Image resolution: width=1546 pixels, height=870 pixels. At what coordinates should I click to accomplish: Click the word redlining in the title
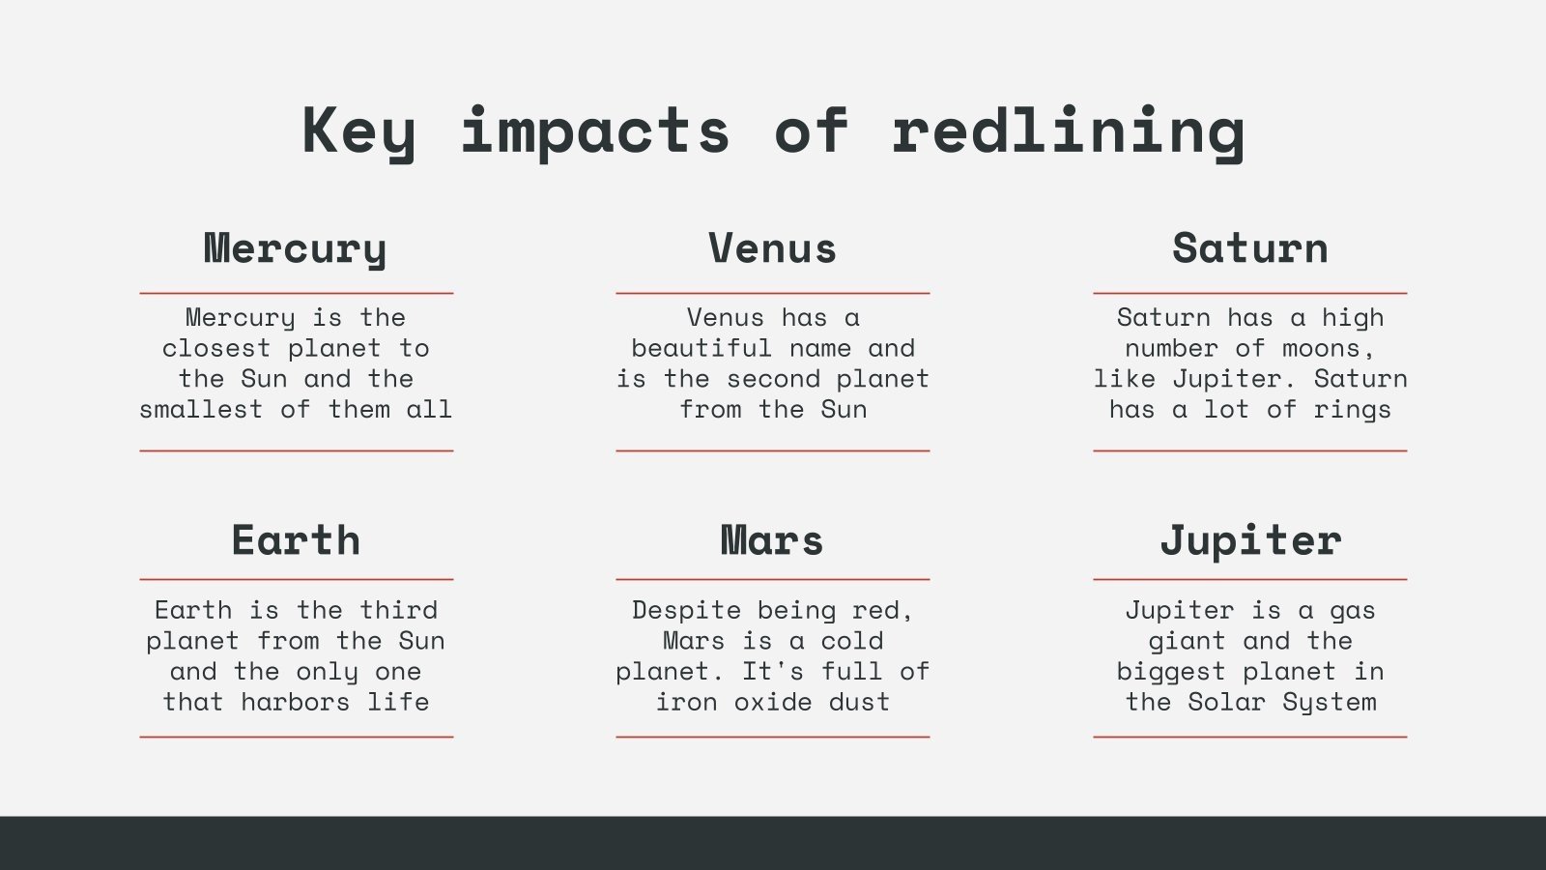[1068, 130]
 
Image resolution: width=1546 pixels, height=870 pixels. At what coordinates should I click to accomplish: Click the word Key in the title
[358, 130]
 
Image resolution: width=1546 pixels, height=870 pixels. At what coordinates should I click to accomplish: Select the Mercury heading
[296, 248]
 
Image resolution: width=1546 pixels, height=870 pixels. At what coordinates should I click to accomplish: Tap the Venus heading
[772, 248]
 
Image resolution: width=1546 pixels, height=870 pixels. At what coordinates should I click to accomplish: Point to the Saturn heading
[1249, 248]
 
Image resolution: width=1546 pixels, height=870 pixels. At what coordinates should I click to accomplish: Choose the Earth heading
[296, 539]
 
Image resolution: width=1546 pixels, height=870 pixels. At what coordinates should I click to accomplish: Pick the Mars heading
[772, 539]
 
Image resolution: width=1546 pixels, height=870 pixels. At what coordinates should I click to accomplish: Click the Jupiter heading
[1249, 539]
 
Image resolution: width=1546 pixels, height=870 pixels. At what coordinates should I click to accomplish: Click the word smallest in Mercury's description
[201, 410]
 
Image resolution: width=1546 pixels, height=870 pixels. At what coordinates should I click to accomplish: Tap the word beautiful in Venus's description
[701, 348]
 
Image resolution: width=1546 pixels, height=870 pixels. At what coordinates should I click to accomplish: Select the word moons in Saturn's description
[1321, 348]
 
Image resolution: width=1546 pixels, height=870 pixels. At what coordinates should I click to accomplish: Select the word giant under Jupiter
[1187, 641]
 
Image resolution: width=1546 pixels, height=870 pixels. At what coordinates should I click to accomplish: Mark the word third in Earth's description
[399, 610]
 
